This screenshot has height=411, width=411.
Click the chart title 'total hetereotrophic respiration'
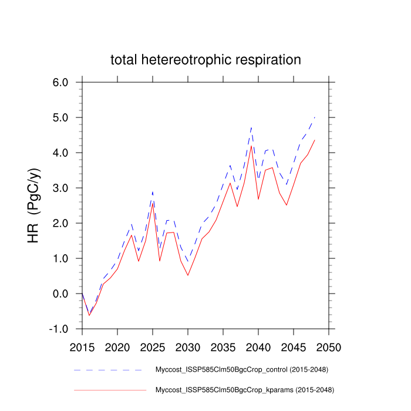(x=206, y=60)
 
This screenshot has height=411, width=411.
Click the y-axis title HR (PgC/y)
(x=34, y=206)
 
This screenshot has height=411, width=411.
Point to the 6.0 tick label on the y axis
(x=61, y=82)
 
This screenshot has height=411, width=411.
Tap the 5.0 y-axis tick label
(x=61, y=117)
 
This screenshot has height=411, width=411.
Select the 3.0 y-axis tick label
(x=61, y=188)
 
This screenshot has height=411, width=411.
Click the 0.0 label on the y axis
(x=61, y=294)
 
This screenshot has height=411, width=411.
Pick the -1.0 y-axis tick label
(x=59, y=329)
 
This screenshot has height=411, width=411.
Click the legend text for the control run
(x=241, y=370)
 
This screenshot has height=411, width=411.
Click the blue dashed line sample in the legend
(x=109, y=370)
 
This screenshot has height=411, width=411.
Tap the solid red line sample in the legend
(x=109, y=389)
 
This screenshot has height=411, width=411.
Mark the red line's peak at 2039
(x=251, y=146)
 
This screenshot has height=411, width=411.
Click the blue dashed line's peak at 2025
(x=153, y=191)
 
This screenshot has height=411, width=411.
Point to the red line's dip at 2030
(x=188, y=275)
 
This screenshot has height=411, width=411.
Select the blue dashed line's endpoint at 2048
(x=315, y=117)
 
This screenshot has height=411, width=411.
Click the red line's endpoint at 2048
(x=315, y=140)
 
